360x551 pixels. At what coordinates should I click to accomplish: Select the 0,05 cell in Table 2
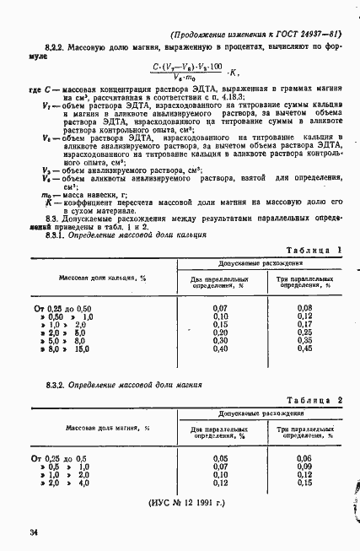221,458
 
